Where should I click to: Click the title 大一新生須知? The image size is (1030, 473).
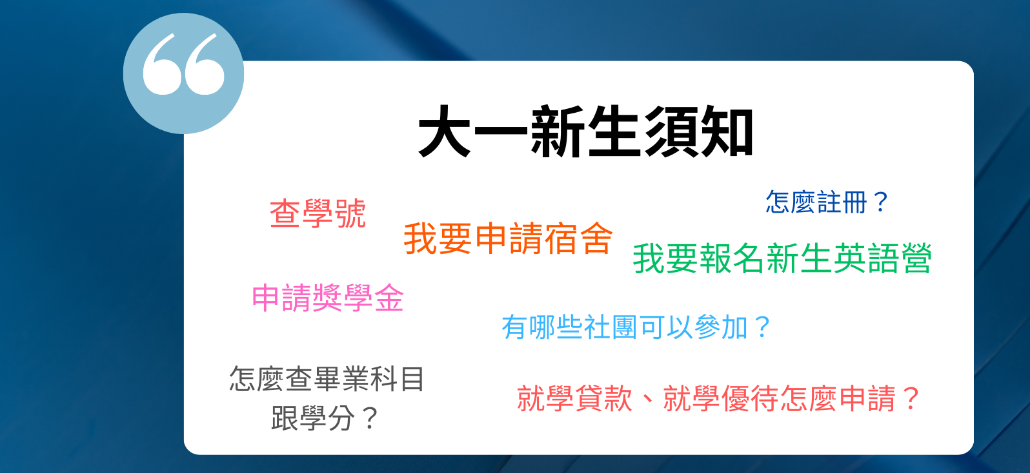click(x=585, y=131)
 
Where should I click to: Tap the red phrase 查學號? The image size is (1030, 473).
click(x=318, y=213)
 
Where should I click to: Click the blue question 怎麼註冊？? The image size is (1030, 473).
click(x=827, y=202)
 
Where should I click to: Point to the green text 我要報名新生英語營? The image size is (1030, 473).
click(x=782, y=258)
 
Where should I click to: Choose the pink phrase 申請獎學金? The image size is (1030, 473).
click(x=328, y=298)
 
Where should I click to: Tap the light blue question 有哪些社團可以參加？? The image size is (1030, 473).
click(x=636, y=327)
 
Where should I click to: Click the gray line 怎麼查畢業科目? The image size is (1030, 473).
click(x=327, y=379)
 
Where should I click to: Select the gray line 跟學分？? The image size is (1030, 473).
click(x=324, y=418)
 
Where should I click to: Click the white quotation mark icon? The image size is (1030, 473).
click(x=183, y=64)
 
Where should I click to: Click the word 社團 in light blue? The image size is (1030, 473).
click(x=611, y=327)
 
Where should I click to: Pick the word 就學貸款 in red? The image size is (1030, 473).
click(x=575, y=398)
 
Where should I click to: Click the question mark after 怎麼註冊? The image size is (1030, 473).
click(x=880, y=202)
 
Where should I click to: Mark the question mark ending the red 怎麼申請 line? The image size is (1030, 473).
click(x=911, y=398)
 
